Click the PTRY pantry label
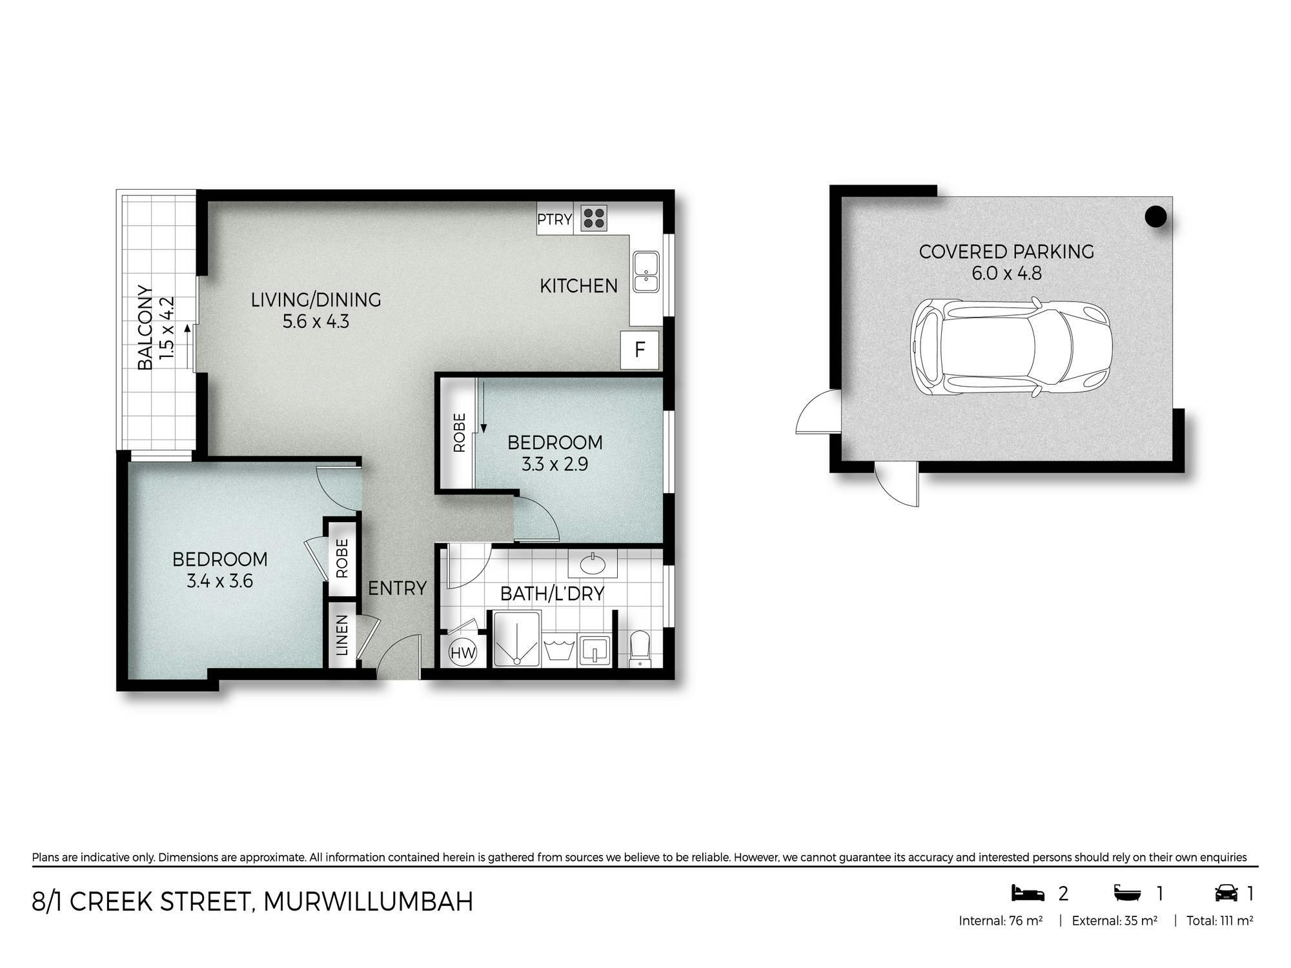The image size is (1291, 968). [x=554, y=219]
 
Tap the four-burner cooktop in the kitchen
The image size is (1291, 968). [x=594, y=218]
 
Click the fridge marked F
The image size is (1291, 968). [x=640, y=350]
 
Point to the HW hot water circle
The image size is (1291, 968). [x=463, y=652]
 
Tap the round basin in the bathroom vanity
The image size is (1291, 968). [x=593, y=565]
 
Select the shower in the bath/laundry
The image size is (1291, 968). [x=517, y=639]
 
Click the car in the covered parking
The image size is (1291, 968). [x=1011, y=347]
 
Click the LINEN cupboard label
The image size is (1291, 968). [x=342, y=635]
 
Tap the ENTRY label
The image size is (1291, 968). [x=398, y=589]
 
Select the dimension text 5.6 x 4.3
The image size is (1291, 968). [x=316, y=321]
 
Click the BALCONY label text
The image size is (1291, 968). [x=145, y=328]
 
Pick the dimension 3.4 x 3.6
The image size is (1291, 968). [x=219, y=581]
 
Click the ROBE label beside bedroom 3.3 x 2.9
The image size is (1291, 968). [x=460, y=432]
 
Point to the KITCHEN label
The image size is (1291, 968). [x=578, y=286]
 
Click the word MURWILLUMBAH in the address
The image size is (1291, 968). [x=369, y=902]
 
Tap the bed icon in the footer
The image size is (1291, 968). [x=1028, y=893]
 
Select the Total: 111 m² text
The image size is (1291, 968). [x=1220, y=921]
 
